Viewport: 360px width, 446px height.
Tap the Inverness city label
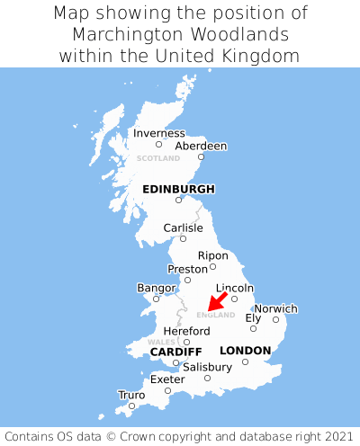coord(158,134)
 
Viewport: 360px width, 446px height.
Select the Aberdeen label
coord(201,146)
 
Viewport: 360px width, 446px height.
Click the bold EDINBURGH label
coord(179,189)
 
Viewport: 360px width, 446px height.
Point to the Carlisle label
coord(184,228)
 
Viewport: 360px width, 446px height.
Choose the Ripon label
coord(213,255)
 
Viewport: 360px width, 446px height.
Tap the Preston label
coord(187,269)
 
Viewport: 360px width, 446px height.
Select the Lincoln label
coord(235,288)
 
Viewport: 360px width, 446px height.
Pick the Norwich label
coord(276,308)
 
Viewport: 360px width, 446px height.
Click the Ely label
coord(253,318)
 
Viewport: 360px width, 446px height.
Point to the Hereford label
coord(186,331)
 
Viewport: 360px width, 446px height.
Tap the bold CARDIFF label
coord(175,351)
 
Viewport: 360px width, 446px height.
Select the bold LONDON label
coord(245,351)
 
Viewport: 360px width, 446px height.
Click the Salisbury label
coord(207,367)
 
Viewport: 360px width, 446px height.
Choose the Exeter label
coord(167,379)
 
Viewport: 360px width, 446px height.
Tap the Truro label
coord(131,395)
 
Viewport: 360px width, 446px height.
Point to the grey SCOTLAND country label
coord(158,158)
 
